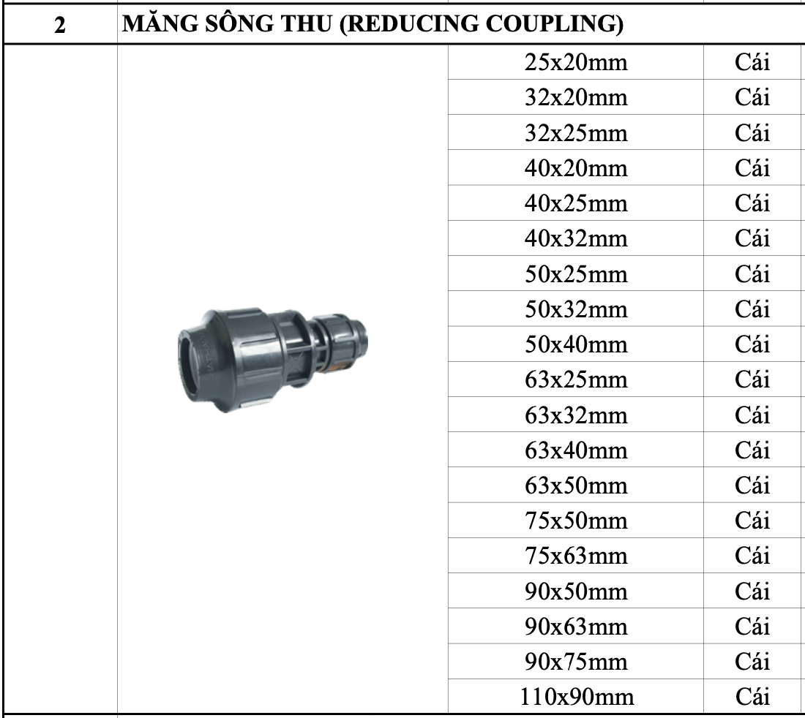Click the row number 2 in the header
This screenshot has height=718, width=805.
tap(59, 24)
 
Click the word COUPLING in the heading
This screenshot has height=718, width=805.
tap(555, 23)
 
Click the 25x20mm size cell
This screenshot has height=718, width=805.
tap(575, 62)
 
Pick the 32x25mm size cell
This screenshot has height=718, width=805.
tap(575, 133)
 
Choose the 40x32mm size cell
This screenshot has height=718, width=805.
tap(575, 238)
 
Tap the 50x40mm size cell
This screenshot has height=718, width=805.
tap(575, 344)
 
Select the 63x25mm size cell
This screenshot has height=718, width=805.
tap(575, 379)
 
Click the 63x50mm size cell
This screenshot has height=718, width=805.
tap(575, 485)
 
